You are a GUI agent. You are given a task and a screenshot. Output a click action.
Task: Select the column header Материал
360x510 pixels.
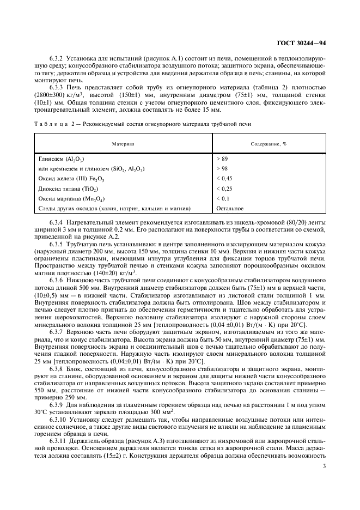click(123, 144)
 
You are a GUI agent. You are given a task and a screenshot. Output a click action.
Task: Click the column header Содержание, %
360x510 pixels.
click(269, 144)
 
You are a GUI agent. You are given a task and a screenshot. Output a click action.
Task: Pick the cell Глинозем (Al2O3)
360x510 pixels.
click(59, 159)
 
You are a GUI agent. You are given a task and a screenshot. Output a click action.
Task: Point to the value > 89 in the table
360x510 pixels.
click(222, 159)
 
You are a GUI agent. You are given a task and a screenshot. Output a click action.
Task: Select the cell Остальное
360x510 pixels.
click(230, 208)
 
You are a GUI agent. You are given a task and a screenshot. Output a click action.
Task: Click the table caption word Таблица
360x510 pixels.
click(51, 124)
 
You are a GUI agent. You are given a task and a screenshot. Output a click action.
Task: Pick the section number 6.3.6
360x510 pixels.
click(57, 279)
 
